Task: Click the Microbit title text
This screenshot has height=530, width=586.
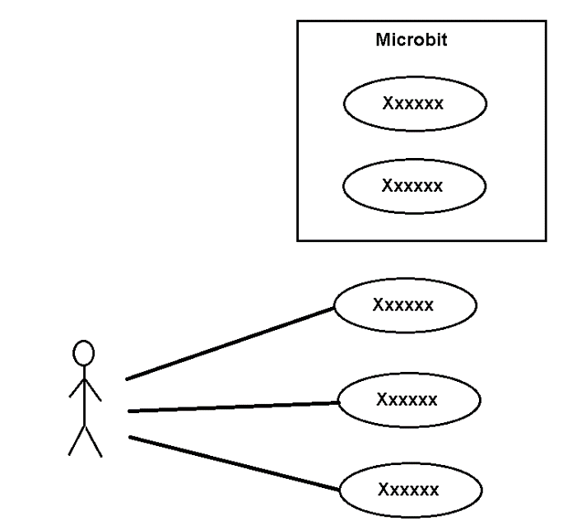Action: click(x=411, y=40)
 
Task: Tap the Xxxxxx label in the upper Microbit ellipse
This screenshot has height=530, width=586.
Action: click(x=412, y=103)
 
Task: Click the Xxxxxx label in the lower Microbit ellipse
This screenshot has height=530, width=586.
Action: click(x=412, y=186)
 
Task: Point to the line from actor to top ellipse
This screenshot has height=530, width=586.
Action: click(x=230, y=343)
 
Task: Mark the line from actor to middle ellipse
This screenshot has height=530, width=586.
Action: click(x=234, y=407)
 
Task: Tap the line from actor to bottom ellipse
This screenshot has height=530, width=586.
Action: click(x=235, y=463)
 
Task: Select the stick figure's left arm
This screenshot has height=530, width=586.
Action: click(x=77, y=388)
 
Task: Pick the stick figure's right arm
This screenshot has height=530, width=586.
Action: click(x=94, y=390)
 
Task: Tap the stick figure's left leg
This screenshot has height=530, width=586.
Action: click(x=77, y=440)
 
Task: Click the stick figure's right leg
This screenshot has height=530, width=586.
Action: click(x=94, y=441)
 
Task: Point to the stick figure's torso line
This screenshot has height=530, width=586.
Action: click(x=85, y=396)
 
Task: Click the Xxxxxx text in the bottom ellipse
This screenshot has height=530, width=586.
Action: click(x=408, y=490)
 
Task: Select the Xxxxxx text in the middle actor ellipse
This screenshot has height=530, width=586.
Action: click(x=407, y=399)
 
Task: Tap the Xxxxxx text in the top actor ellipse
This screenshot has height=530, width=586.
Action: click(x=403, y=305)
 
